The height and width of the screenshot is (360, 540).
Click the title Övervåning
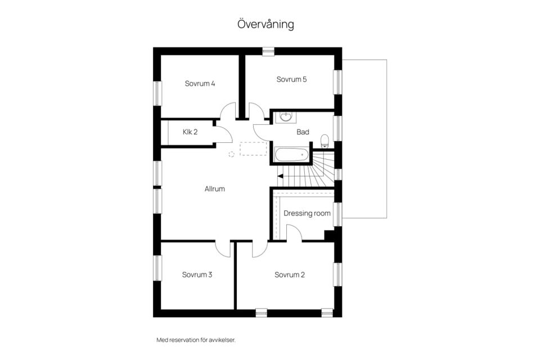(x=265, y=24)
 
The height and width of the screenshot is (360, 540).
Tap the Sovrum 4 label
(x=200, y=83)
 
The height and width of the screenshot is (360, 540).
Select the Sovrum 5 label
(x=291, y=79)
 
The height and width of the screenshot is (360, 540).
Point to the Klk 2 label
(x=190, y=132)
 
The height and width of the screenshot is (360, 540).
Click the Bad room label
(x=303, y=132)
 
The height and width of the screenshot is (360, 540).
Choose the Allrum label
(x=214, y=189)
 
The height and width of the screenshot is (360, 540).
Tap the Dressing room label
(x=307, y=213)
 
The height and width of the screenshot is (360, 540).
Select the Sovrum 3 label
(x=197, y=274)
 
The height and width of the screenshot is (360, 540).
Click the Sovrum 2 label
(x=290, y=274)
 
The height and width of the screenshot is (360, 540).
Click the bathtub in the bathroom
(x=292, y=155)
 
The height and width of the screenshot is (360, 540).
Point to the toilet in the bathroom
(x=325, y=141)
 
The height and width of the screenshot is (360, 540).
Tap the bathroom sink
(x=285, y=117)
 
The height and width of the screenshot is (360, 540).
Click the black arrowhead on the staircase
(x=280, y=177)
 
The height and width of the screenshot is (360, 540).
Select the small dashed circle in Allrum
(x=231, y=154)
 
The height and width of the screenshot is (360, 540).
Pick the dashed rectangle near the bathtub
(x=253, y=148)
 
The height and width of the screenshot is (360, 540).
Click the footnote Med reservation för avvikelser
(x=196, y=340)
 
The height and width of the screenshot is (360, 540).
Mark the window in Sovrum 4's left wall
(x=157, y=93)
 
